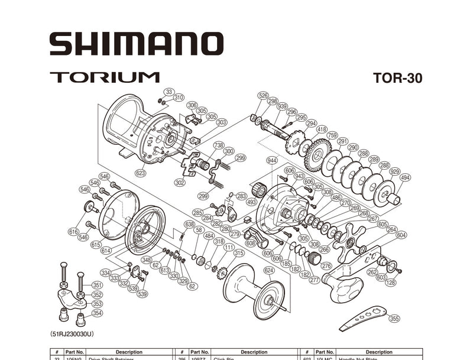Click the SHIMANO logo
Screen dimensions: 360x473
tap(136, 44)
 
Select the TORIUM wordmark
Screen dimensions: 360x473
tap(105, 77)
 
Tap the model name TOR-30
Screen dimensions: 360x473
tap(397, 78)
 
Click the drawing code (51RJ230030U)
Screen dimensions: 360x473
tap(73, 333)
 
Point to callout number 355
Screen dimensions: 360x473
tap(394, 319)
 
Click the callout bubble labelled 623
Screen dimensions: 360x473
tap(141, 173)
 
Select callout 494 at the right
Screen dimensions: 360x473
tap(405, 177)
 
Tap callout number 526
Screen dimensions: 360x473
tap(263, 95)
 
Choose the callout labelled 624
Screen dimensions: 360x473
tap(269, 270)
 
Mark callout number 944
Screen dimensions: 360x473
tap(272, 160)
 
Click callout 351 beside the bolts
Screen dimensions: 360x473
tap(96, 284)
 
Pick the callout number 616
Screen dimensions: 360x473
tap(73, 232)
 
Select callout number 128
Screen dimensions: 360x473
tap(391, 283)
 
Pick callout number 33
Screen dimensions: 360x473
tap(169, 92)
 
